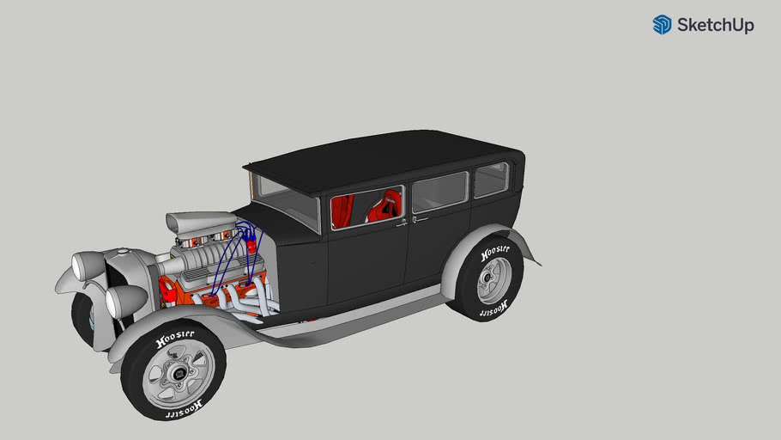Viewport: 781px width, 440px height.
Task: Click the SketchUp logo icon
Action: tap(662, 25)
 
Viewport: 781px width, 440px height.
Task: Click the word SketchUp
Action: tap(715, 26)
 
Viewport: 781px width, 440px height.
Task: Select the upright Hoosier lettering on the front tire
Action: tap(174, 337)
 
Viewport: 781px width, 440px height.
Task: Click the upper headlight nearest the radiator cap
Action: tap(88, 266)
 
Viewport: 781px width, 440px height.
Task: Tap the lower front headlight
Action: tap(125, 300)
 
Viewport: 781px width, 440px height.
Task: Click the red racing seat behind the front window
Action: tap(385, 206)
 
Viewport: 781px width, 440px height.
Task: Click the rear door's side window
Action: tap(439, 192)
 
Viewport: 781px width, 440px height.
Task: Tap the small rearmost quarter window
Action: tap(491, 180)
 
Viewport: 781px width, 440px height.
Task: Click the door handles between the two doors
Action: tap(409, 221)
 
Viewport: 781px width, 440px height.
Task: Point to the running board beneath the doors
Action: tap(360, 314)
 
